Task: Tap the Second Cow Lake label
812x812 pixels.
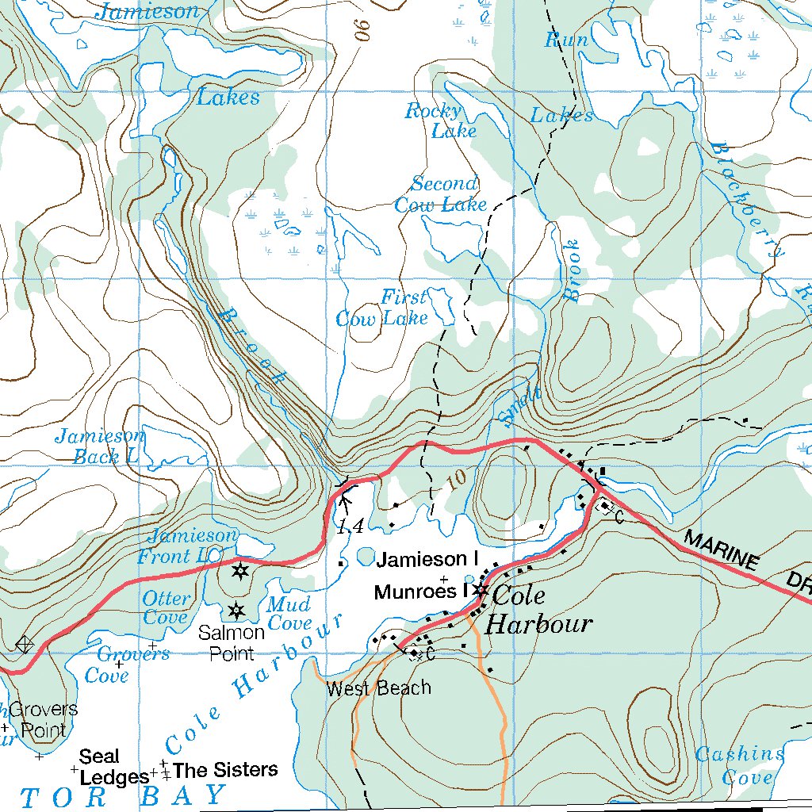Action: [x=442, y=194]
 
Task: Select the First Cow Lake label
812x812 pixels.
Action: [x=382, y=308]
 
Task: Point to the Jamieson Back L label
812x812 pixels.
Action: [x=99, y=446]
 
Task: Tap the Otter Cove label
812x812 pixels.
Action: [x=166, y=607]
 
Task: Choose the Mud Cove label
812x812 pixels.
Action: [x=289, y=613]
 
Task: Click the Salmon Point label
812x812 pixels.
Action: [x=232, y=642]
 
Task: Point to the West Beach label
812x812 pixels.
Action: [x=379, y=688]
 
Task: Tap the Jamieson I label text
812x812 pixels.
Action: [x=427, y=560]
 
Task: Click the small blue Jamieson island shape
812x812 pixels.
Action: [x=366, y=556]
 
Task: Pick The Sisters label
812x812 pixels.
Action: [x=225, y=769]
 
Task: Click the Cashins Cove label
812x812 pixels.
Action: [x=739, y=765]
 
